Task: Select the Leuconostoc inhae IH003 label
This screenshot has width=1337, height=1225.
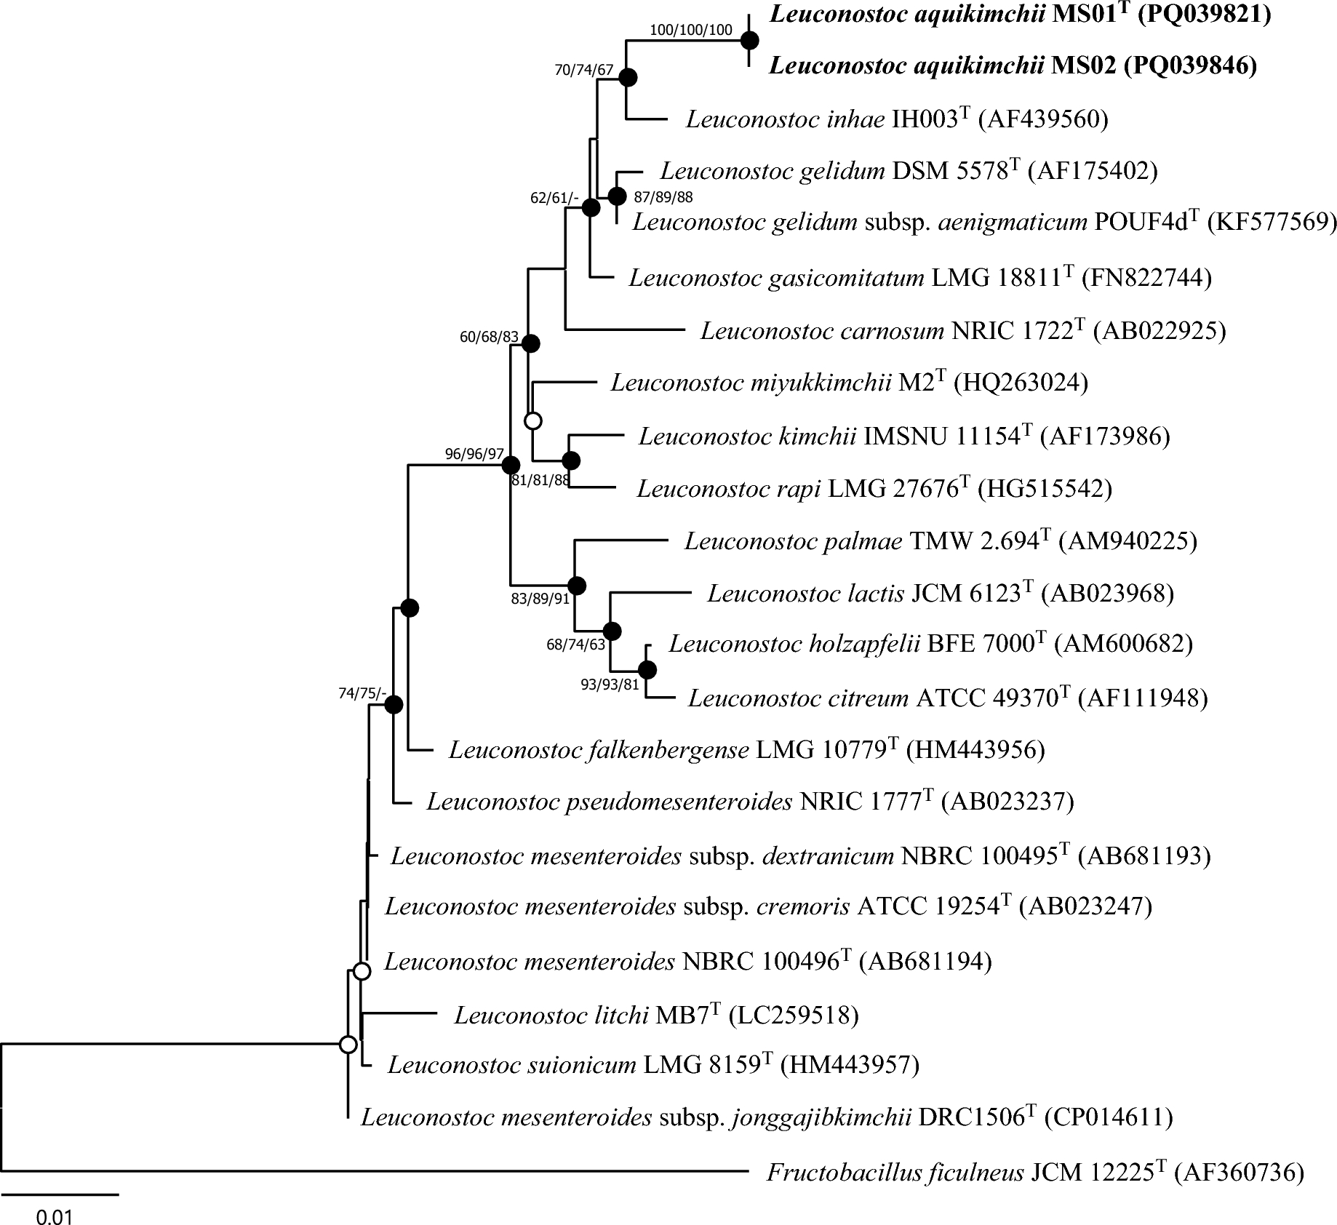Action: pyautogui.click(x=897, y=119)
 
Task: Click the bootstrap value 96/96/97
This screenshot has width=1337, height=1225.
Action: pyautogui.click(x=474, y=454)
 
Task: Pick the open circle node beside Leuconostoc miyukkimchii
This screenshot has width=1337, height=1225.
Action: pyautogui.click(x=533, y=420)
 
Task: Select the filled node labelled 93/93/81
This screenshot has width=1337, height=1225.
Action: pyautogui.click(x=647, y=669)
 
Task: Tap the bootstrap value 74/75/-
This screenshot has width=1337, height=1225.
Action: pyautogui.click(x=362, y=693)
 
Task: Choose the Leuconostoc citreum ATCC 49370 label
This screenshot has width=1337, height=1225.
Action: pyautogui.click(x=948, y=698)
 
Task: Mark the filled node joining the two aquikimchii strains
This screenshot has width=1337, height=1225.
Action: pyautogui.click(x=750, y=41)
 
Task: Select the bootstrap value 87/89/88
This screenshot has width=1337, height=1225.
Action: pyautogui.click(x=663, y=197)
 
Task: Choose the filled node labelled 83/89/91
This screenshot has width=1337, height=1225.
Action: pyautogui.click(x=576, y=585)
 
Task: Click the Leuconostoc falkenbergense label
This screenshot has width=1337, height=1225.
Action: pyautogui.click(x=746, y=749)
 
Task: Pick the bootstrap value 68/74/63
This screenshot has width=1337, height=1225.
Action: pyautogui.click(x=576, y=645)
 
